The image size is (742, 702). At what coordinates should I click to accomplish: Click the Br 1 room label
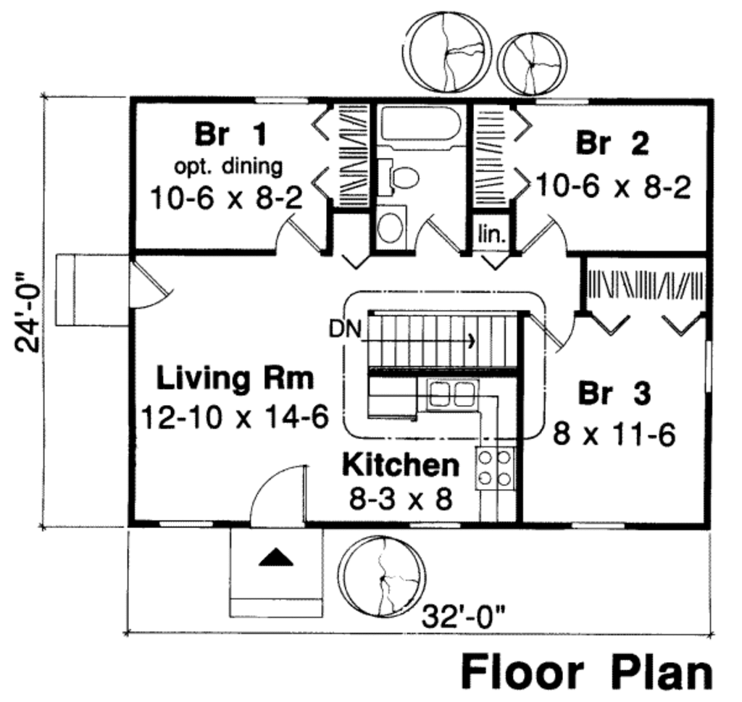pyautogui.click(x=230, y=134)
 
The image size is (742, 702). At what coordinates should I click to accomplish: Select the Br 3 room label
pyautogui.click(x=614, y=394)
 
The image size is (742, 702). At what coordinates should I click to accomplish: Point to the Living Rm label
pyautogui.click(x=235, y=378)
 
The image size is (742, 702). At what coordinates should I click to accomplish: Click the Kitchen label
pyautogui.click(x=400, y=465)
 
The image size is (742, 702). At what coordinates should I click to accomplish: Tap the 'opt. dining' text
pyautogui.click(x=228, y=166)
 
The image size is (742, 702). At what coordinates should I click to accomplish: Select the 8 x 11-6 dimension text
pyautogui.click(x=614, y=435)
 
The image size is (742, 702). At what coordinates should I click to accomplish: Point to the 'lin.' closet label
pyautogui.click(x=493, y=235)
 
